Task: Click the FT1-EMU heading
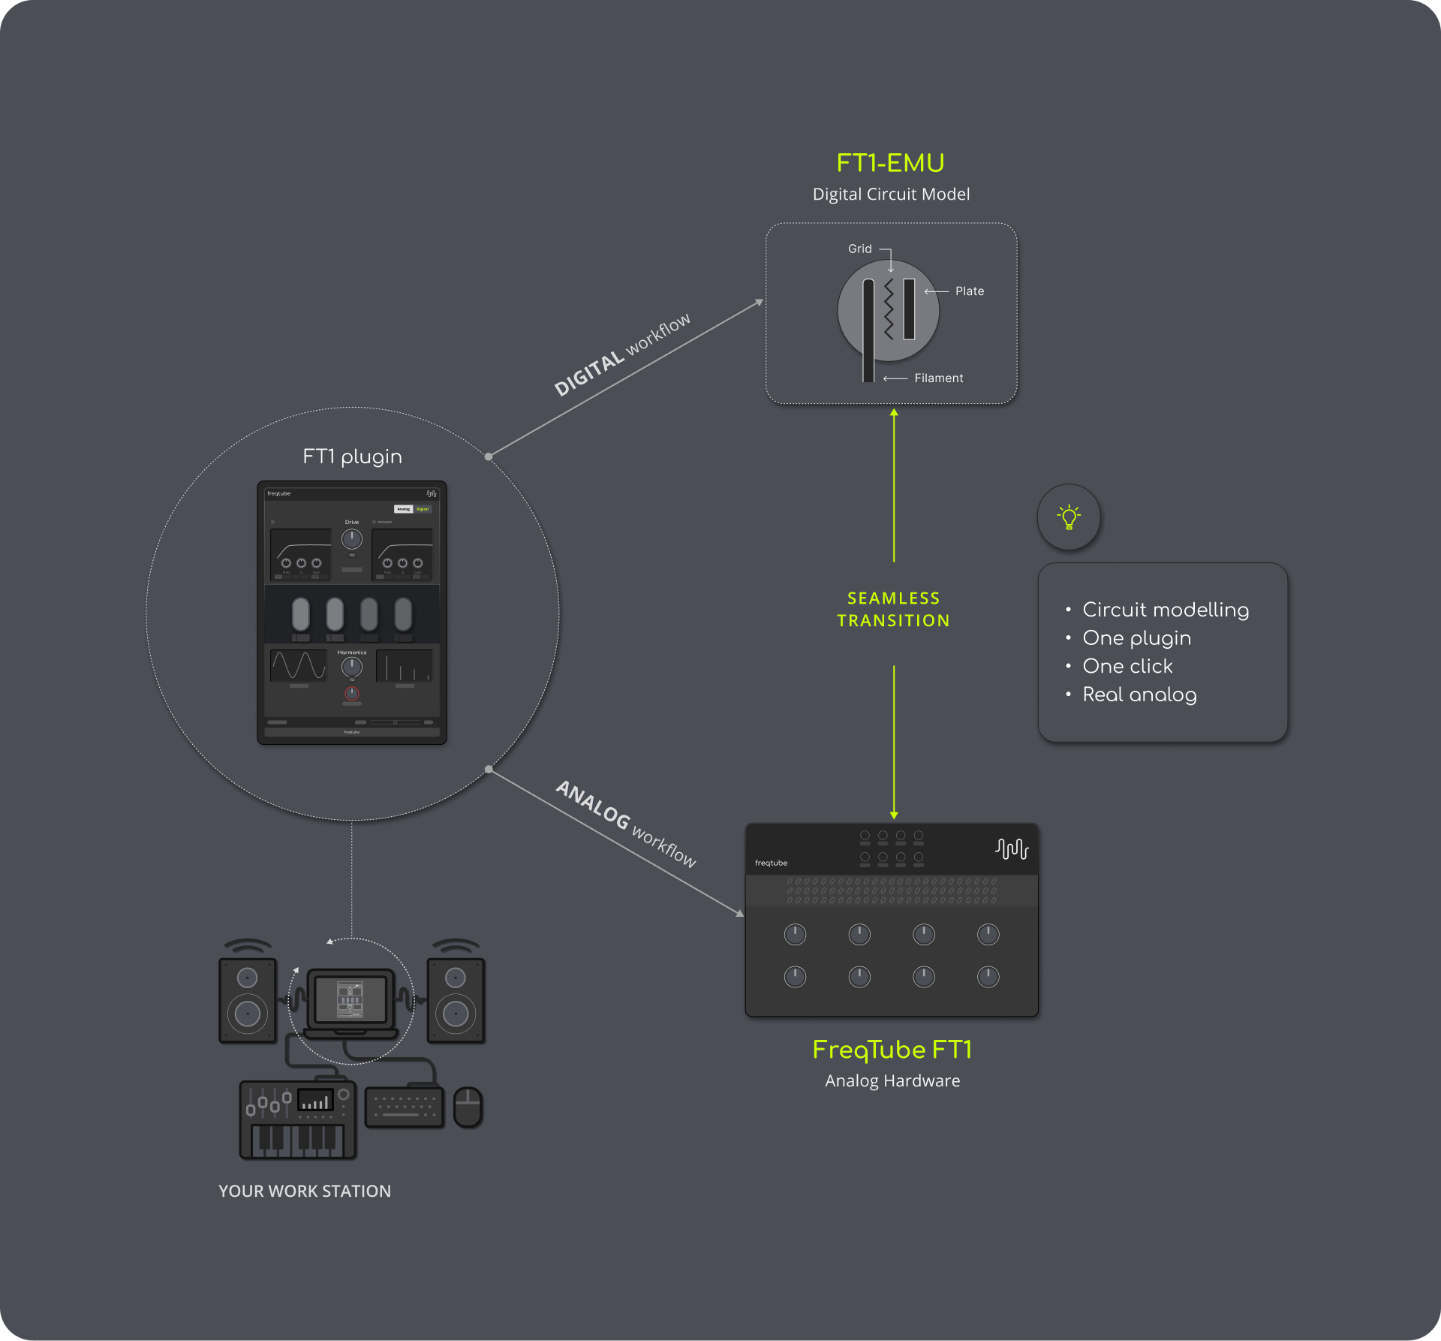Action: pyautogui.click(x=890, y=163)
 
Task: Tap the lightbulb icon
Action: pyautogui.click(x=1069, y=517)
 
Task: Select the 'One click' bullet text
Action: pyautogui.click(x=1127, y=666)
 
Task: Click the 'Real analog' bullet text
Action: pyautogui.click(x=1139, y=695)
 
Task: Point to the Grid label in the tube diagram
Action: pyautogui.click(x=859, y=249)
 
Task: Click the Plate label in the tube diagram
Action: pyautogui.click(x=969, y=291)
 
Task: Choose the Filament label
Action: pyautogui.click(x=938, y=378)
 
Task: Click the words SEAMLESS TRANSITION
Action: pyautogui.click(x=893, y=610)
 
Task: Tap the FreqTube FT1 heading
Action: pyautogui.click(x=892, y=1050)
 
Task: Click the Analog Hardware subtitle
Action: pyautogui.click(x=892, y=1081)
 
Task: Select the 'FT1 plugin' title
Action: pyautogui.click(x=352, y=457)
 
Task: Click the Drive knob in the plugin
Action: pyautogui.click(x=352, y=538)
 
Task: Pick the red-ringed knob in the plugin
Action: pyautogui.click(x=352, y=693)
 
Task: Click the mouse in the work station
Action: pyautogui.click(x=468, y=1107)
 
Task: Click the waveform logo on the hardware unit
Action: pyautogui.click(x=1012, y=848)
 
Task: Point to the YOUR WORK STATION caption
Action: pyautogui.click(x=305, y=1192)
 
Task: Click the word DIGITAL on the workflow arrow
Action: pyautogui.click(x=589, y=374)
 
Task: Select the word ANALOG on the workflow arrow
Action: pyautogui.click(x=593, y=805)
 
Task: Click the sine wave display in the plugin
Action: pyautogui.click(x=299, y=665)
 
